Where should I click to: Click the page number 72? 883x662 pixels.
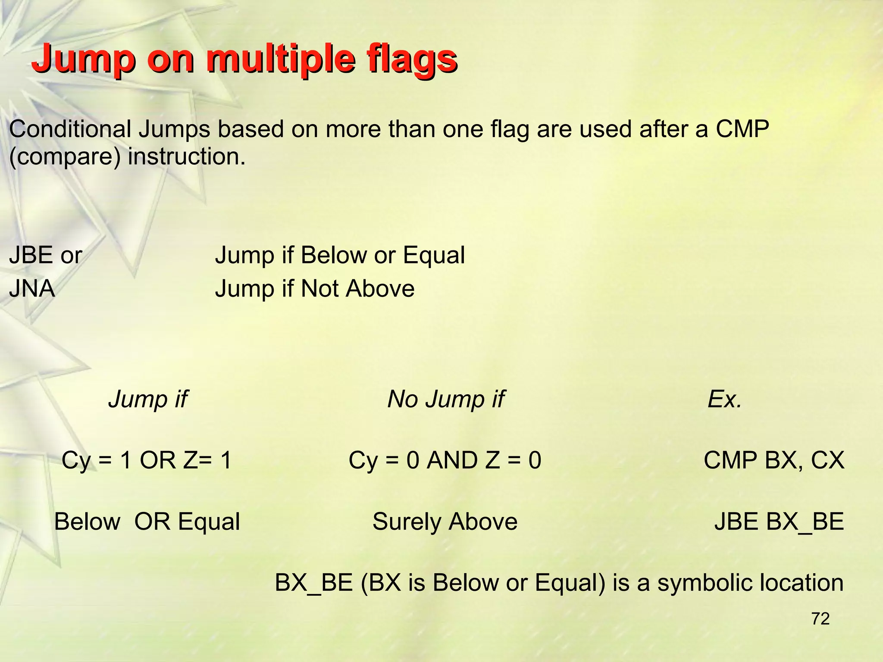pyautogui.click(x=820, y=619)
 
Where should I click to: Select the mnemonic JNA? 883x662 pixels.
pyautogui.click(x=32, y=288)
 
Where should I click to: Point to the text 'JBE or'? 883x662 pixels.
pyautogui.click(x=45, y=255)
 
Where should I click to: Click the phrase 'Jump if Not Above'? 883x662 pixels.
pyautogui.click(x=315, y=288)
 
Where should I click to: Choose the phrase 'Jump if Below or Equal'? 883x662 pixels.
pyautogui.click(x=340, y=255)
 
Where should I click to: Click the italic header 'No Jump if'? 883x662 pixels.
pyautogui.click(x=445, y=399)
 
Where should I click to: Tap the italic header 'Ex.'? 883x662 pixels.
pyautogui.click(x=724, y=399)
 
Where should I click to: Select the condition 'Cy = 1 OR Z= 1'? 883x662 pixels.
pyautogui.click(x=147, y=460)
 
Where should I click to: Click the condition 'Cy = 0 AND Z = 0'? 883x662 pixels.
pyautogui.click(x=445, y=460)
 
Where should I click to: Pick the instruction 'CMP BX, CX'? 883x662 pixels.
pyautogui.click(x=773, y=460)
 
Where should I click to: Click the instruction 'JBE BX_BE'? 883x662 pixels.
pyautogui.click(x=779, y=521)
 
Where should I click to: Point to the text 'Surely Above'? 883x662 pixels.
pyautogui.click(x=445, y=521)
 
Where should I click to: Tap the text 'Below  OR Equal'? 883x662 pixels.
pyautogui.click(x=147, y=521)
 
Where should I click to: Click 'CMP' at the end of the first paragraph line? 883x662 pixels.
pyautogui.click(x=742, y=129)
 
